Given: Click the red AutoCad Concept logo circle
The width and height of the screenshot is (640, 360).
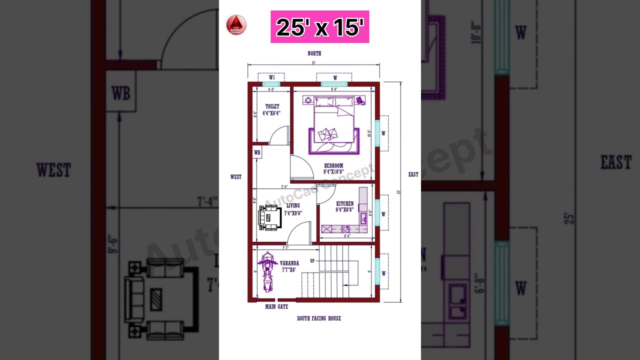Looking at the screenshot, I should [236, 25].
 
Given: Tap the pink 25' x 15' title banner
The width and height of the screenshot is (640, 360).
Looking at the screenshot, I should [320, 27].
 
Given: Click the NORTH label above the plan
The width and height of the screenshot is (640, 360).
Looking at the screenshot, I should [314, 53].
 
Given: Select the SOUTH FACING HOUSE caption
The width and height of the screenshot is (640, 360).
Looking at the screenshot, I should [319, 318].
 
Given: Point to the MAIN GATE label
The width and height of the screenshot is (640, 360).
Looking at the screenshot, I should [276, 307].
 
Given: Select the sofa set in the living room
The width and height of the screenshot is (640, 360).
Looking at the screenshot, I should [269, 218].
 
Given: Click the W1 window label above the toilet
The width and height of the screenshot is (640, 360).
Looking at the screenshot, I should [272, 77].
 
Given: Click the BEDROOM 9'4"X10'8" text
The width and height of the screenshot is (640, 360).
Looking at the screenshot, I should [333, 168].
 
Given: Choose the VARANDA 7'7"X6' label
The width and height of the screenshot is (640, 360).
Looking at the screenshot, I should [289, 266].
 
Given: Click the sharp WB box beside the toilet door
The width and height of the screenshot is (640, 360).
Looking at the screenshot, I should [257, 153].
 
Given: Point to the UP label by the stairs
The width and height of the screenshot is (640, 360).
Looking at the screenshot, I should [312, 261].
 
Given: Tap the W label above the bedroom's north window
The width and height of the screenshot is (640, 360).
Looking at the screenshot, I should [334, 77].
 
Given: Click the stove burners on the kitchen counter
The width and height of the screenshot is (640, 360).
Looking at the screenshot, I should [345, 229].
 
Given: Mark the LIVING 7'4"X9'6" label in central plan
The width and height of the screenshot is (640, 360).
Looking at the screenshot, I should [293, 209].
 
